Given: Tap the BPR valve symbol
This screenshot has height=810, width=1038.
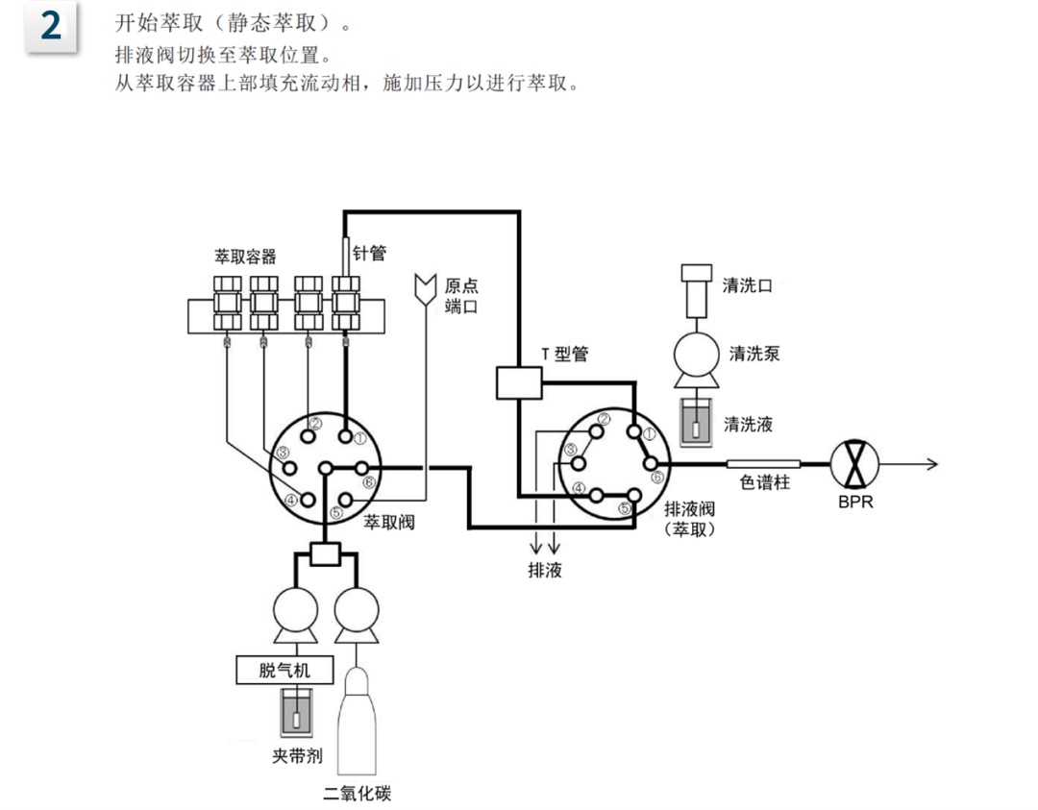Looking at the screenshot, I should [853, 463].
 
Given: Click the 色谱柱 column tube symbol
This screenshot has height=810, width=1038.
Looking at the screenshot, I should [764, 464].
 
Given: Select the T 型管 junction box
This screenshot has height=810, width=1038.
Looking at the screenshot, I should [520, 382].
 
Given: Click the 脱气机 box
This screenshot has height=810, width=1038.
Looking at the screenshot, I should [284, 670].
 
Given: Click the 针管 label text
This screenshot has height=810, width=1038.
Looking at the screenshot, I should [370, 253].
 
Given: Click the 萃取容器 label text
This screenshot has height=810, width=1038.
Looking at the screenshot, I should [245, 257].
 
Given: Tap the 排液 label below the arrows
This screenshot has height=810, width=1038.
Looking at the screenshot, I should [545, 571].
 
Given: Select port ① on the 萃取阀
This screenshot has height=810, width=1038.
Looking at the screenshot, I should [344, 435].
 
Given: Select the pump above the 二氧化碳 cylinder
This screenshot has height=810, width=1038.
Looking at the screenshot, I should [357, 609].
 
